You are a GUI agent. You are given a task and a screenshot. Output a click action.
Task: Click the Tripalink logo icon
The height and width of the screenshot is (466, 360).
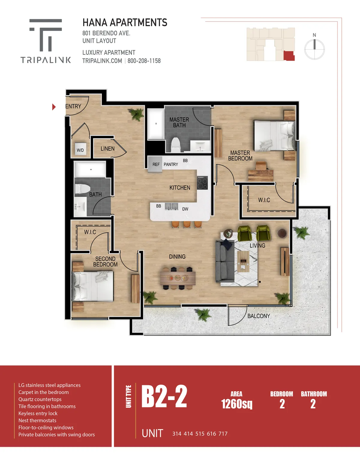coord(46,35)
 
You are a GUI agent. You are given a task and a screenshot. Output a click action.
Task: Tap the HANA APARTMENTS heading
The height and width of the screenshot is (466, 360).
coord(125,23)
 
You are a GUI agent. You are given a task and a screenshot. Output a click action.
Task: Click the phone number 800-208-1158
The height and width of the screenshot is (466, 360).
coord(144,61)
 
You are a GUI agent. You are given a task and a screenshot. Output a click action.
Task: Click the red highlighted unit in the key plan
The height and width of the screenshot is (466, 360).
coord(289,56)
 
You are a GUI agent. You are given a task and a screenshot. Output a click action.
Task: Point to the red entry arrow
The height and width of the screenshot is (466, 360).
coord(54,107)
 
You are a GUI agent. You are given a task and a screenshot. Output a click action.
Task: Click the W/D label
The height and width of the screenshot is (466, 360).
coord(80,150)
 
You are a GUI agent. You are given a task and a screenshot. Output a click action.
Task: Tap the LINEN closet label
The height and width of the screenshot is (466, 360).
coord(107,149)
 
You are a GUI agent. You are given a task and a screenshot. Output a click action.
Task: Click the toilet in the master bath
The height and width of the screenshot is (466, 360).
coord(175,145)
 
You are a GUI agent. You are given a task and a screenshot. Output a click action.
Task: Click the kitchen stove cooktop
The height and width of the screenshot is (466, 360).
coord(202,183)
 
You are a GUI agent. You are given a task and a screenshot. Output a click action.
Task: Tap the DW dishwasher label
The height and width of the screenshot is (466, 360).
coord(185,209)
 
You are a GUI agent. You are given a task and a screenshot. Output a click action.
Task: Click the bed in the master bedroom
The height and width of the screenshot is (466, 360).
coord(274,135)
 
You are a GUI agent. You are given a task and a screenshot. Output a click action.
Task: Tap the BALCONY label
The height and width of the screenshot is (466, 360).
coord(259,316)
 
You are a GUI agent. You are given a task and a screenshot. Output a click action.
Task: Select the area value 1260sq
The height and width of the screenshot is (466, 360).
coord(237,404)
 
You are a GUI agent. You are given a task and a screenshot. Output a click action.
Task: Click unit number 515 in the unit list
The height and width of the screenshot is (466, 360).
coord(200,434)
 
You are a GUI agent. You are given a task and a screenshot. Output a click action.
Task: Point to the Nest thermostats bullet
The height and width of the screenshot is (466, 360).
coord(37,420)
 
